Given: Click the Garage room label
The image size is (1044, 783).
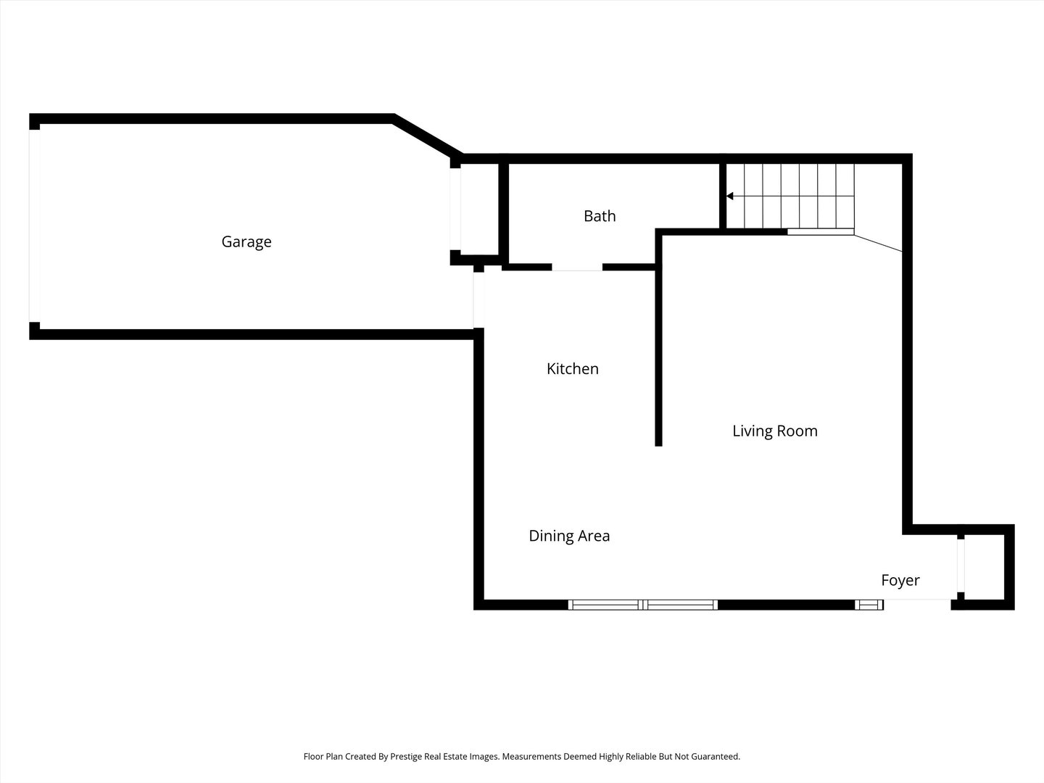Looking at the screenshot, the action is (246, 242).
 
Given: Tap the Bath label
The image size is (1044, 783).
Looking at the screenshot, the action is (600, 216).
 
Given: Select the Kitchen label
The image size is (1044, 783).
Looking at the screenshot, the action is (572, 368).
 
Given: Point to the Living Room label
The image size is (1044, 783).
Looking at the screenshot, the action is (775, 431).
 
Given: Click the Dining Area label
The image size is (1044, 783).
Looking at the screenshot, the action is (569, 536).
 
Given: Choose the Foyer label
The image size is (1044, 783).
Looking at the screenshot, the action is (900, 580).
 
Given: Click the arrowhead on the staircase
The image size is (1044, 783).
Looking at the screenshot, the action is (729, 196).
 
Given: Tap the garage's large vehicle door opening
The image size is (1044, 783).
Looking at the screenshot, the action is (35, 225).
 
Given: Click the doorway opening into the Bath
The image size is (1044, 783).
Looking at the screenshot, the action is (577, 268).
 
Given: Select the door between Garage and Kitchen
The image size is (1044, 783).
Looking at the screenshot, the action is (478, 300).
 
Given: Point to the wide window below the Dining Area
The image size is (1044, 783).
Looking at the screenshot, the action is (643, 605).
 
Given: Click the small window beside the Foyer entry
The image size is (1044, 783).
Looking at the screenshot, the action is (869, 605).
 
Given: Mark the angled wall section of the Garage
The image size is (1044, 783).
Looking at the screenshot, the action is (428, 136).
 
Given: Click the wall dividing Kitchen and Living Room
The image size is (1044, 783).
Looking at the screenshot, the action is (659, 338).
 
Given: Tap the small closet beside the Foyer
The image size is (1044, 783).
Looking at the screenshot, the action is (982, 567).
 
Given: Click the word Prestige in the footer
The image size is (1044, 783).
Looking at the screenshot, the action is (405, 756).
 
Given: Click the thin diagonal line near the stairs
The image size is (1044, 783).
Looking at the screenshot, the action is (878, 243).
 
